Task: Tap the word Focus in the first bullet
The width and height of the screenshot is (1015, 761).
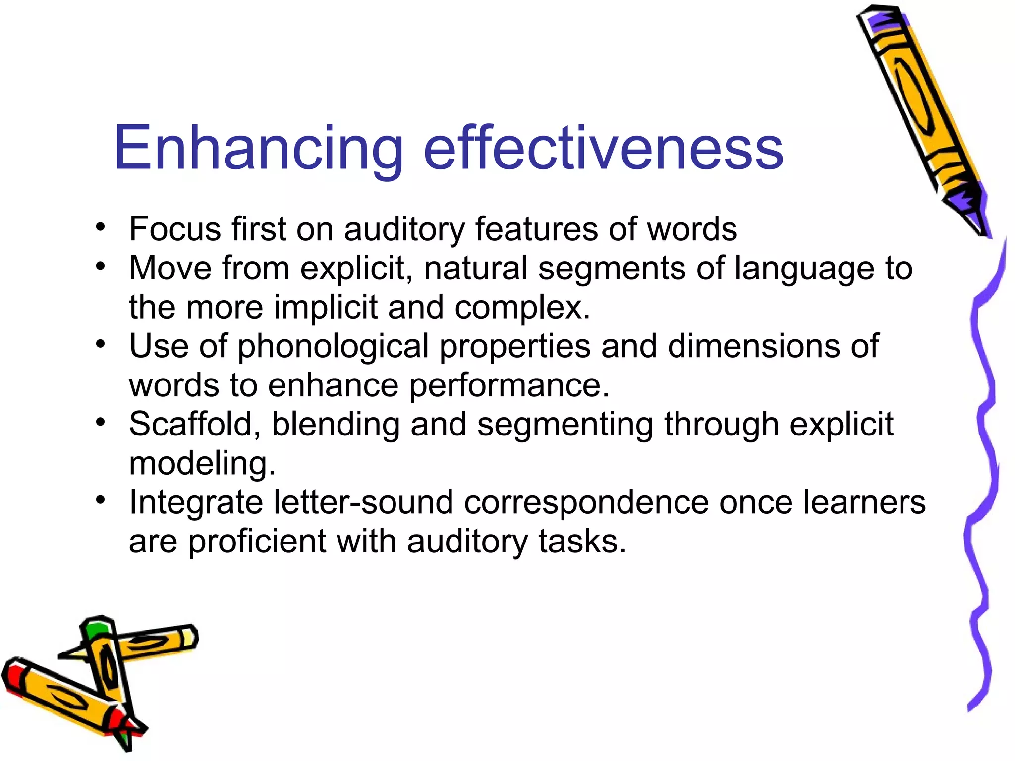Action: click(174, 229)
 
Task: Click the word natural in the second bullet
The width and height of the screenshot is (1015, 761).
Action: click(475, 268)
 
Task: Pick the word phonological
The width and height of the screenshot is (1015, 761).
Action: click(333, 347)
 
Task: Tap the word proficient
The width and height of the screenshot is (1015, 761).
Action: click(257, 542)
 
